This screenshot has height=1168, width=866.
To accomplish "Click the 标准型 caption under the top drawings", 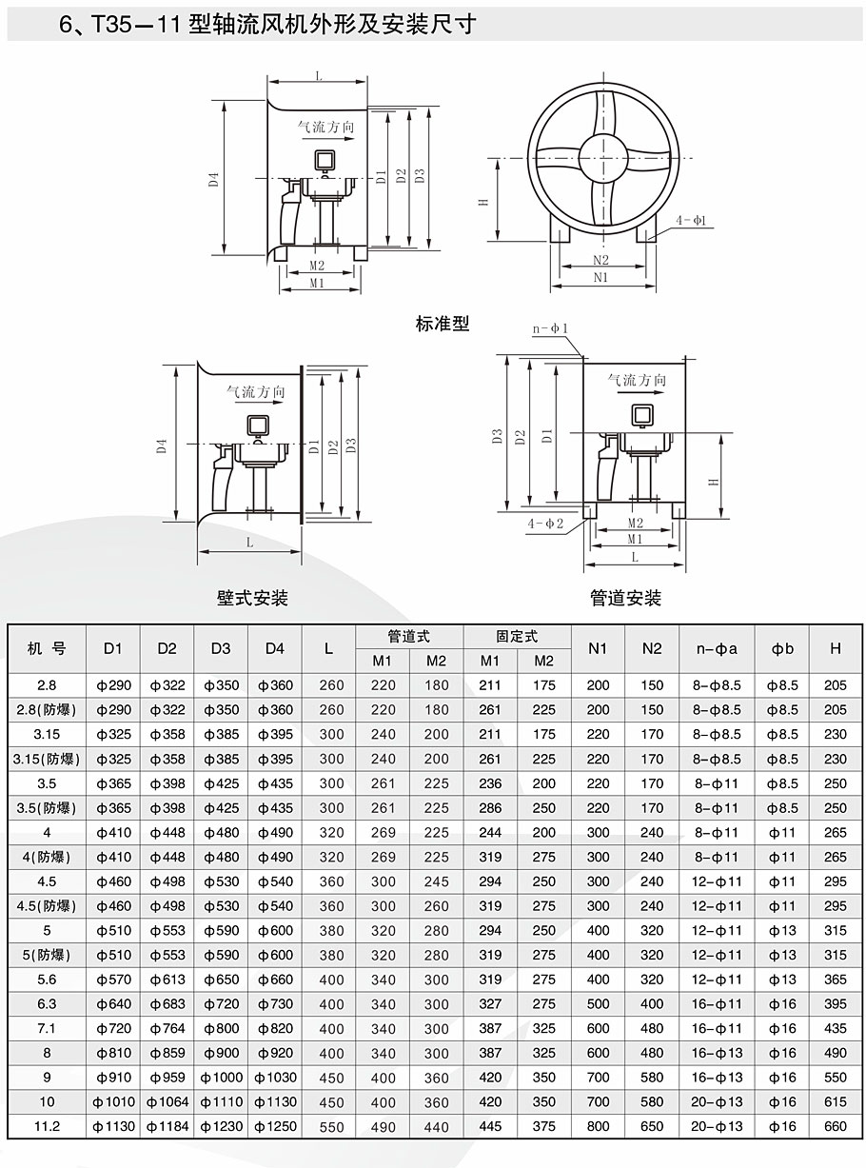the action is (443, 324).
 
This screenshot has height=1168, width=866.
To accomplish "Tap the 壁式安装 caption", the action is (252, 598).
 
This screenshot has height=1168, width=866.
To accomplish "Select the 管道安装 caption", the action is (625, 598).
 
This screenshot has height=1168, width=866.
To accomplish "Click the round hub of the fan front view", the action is (603, 157).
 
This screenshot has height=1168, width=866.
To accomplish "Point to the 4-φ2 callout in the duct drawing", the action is (545, 523).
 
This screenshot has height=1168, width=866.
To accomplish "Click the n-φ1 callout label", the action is (550, 328).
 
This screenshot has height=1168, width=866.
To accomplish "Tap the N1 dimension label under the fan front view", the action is (600, 277).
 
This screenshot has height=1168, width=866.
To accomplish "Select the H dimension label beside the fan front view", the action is (483, 202).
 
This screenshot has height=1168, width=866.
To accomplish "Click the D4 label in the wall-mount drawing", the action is (162, 446).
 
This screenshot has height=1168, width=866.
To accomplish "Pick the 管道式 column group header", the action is (409, 637).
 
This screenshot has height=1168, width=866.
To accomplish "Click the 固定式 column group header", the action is (517, 637).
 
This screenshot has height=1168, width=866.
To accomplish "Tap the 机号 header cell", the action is (47, 648).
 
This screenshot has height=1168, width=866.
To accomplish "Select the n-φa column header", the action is (717, 649).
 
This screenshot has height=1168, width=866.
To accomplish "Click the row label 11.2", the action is (47, 1126).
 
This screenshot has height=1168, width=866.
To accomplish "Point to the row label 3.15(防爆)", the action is (47, 759).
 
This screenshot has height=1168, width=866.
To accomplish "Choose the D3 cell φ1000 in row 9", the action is (221, 1078).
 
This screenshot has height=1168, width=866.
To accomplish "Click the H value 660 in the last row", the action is (836, 1126).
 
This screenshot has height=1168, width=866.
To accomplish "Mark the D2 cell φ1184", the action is (167, 1126).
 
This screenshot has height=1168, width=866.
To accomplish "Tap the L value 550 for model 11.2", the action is (331, 1127).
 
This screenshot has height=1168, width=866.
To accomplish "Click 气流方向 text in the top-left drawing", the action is (325, 127).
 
